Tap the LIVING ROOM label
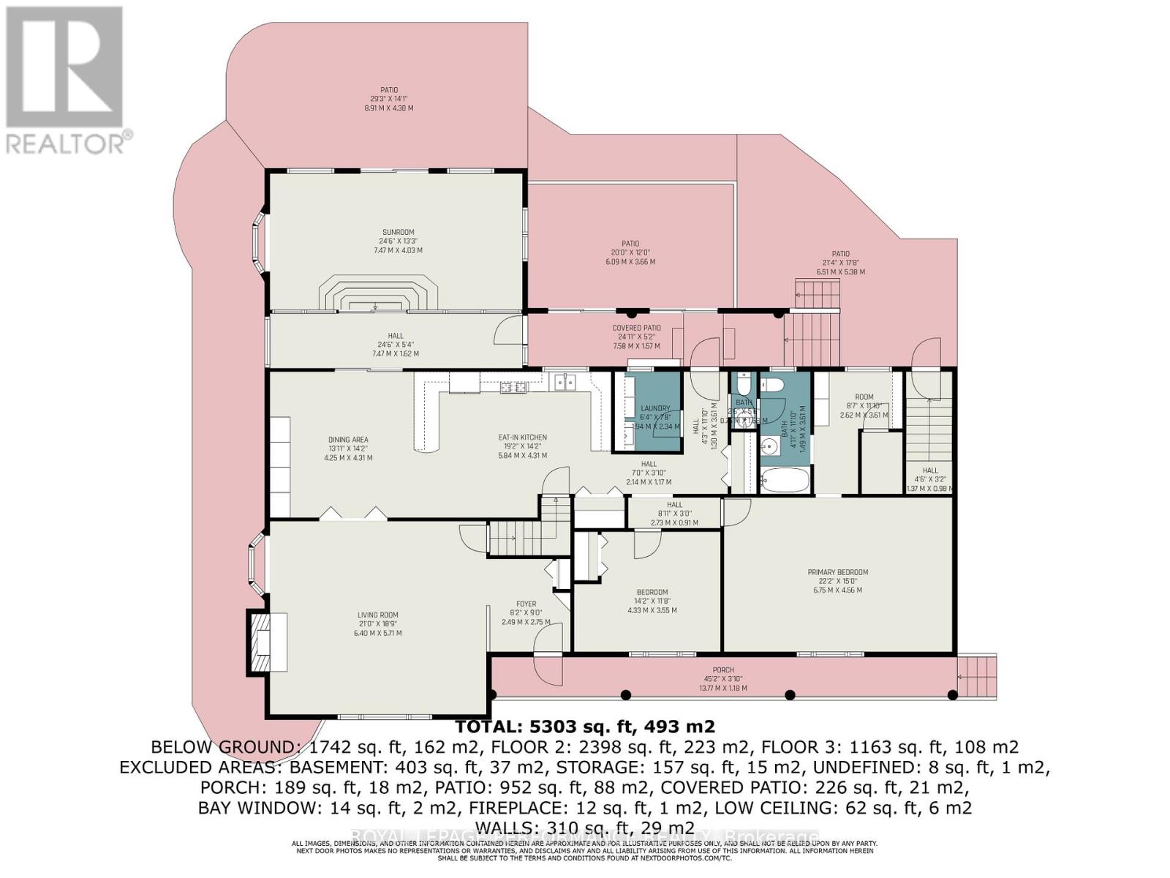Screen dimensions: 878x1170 point(377,615)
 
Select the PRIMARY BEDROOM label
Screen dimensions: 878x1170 point(837,572)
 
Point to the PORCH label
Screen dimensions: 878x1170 point(723,670)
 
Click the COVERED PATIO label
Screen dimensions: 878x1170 point(636,329)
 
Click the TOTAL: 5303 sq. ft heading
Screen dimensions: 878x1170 point(585,727)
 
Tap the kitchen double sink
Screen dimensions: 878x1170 point(564,382)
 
